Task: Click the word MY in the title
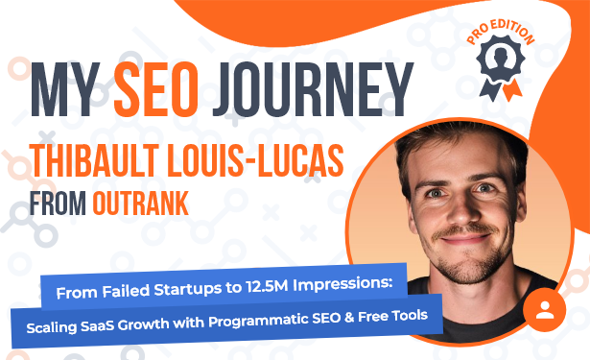(x=65, y=89)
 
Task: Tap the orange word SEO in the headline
(x=156, y=89)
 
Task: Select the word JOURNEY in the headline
(x=313, y=89)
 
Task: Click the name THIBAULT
(x=94, y=160)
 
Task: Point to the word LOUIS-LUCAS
(x=255, y=160)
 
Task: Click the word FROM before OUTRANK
(x=58, y=204)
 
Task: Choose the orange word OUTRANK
(x=141, y=204)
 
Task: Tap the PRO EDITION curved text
(x=501, y=33)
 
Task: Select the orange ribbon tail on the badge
(x=512, y=90)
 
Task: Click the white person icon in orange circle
(x=545, y=309)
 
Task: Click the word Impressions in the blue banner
(x=342, y=284)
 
